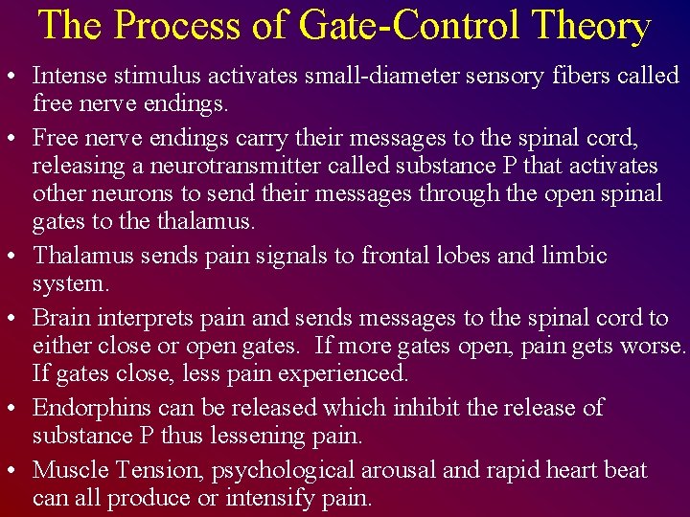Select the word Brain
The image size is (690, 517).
(x=60, y=318)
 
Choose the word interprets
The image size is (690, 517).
(x=148, y=318)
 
